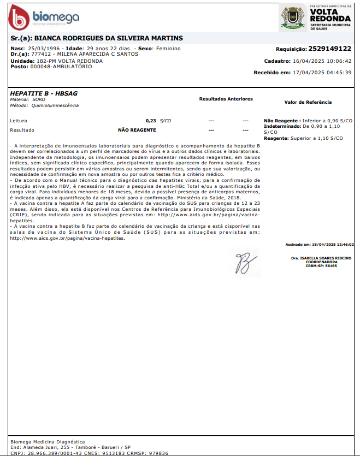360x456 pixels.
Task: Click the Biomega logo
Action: pos(44,18)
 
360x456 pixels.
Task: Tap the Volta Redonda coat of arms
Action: pos(292,17)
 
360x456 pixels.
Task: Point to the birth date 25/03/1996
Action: pos(44,49)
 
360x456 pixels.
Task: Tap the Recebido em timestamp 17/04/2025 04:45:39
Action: pos(322,73)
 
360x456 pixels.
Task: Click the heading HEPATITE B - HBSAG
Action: pos(44,93)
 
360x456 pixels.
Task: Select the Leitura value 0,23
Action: pos(151,120)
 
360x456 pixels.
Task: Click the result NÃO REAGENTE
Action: pos(137,130)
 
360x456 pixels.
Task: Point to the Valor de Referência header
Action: pos(308,102)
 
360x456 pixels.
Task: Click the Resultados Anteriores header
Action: pos(226,99)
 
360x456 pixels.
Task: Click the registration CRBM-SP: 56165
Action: pos(321,265)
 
